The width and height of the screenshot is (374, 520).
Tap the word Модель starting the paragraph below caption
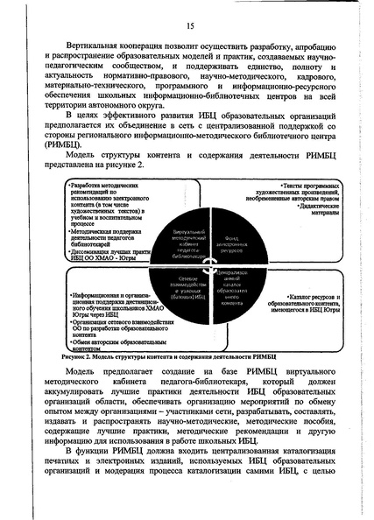pyautogui.click(x=84, y=375)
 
